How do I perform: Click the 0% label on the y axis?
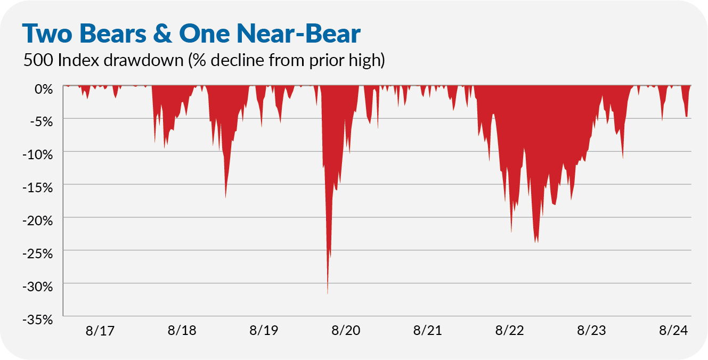tap(43, 88)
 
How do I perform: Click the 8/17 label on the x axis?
tap(100, 331)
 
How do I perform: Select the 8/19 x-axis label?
tap(264, 331)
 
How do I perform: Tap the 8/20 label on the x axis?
tap(346, 331)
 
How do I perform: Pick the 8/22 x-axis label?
tap(510, 331)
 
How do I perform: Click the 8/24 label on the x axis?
tap(673, 331)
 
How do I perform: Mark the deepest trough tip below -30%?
tap(328, 293)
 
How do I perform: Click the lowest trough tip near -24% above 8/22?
tap(535, 242)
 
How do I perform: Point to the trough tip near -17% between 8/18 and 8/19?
tap(226, 198)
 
